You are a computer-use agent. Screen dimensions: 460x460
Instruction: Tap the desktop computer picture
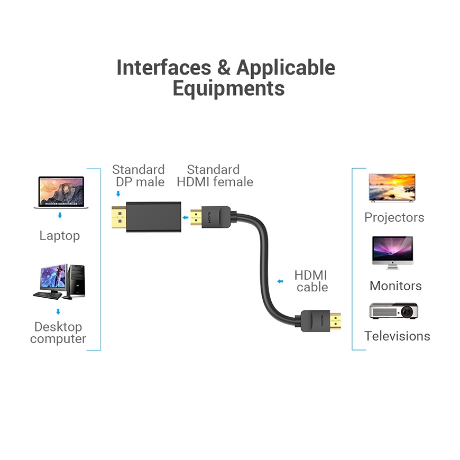(59, 281)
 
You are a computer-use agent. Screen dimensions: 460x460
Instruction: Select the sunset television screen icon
(392, 187)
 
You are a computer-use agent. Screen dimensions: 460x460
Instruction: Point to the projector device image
(393, 311)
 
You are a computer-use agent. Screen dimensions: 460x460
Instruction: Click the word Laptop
(60, 236)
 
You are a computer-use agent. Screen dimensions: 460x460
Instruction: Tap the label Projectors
(394, 217)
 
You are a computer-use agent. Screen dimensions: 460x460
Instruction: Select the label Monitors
(395, 286)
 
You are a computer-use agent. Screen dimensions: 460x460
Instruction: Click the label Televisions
(397, 336)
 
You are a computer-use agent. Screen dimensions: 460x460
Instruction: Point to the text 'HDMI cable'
(311, 281)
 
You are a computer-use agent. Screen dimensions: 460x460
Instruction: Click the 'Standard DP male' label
(139, 176)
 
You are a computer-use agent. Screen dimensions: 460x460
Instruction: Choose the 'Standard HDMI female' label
(215, 176)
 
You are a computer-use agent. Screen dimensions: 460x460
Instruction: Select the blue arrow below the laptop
(60, 216)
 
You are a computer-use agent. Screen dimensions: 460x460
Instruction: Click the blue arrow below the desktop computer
(59, 312)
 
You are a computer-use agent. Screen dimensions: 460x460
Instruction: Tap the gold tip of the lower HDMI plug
(334, 321)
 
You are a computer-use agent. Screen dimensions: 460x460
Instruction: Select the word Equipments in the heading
(228, 88)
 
